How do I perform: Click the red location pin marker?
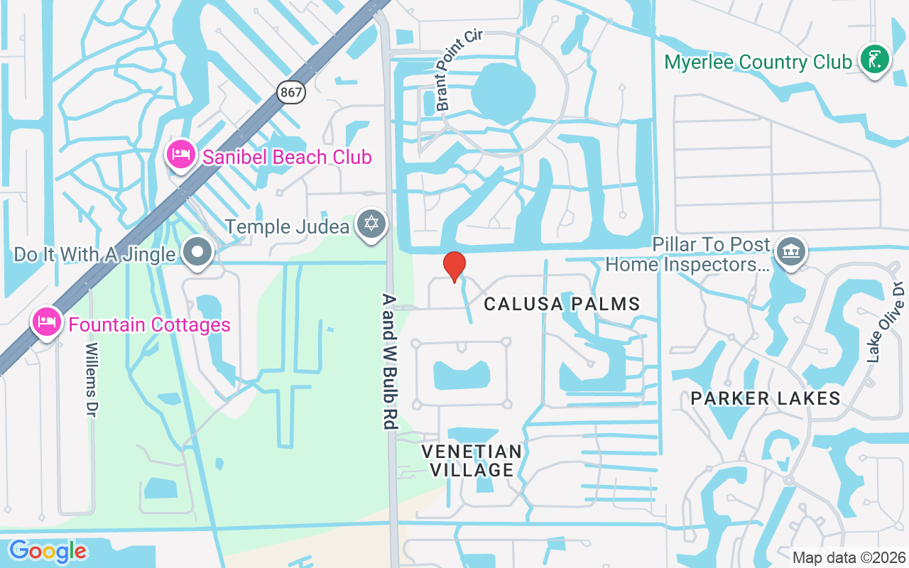click(454, 266)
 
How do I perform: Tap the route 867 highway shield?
click(290, 92)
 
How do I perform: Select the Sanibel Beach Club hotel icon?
click(181, 155)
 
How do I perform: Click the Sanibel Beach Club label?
click(287, 157)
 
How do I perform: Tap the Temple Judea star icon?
click(370, 225)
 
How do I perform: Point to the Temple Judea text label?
click(287, 226)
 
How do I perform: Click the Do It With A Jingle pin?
click(197, 253)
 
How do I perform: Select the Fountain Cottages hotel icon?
click(46, 323)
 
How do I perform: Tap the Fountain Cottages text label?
click(149, 325)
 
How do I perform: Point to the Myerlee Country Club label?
click(758, 62)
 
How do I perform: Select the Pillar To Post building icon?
click(790, 252)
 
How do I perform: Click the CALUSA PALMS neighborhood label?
click(562, 305)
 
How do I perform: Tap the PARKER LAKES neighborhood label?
click(766, 398)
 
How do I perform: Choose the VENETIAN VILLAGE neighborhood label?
click(472, 460)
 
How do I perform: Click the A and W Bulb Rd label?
click(388, 361)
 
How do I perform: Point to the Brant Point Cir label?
click(459, 70)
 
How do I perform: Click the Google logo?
click(48, 551)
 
